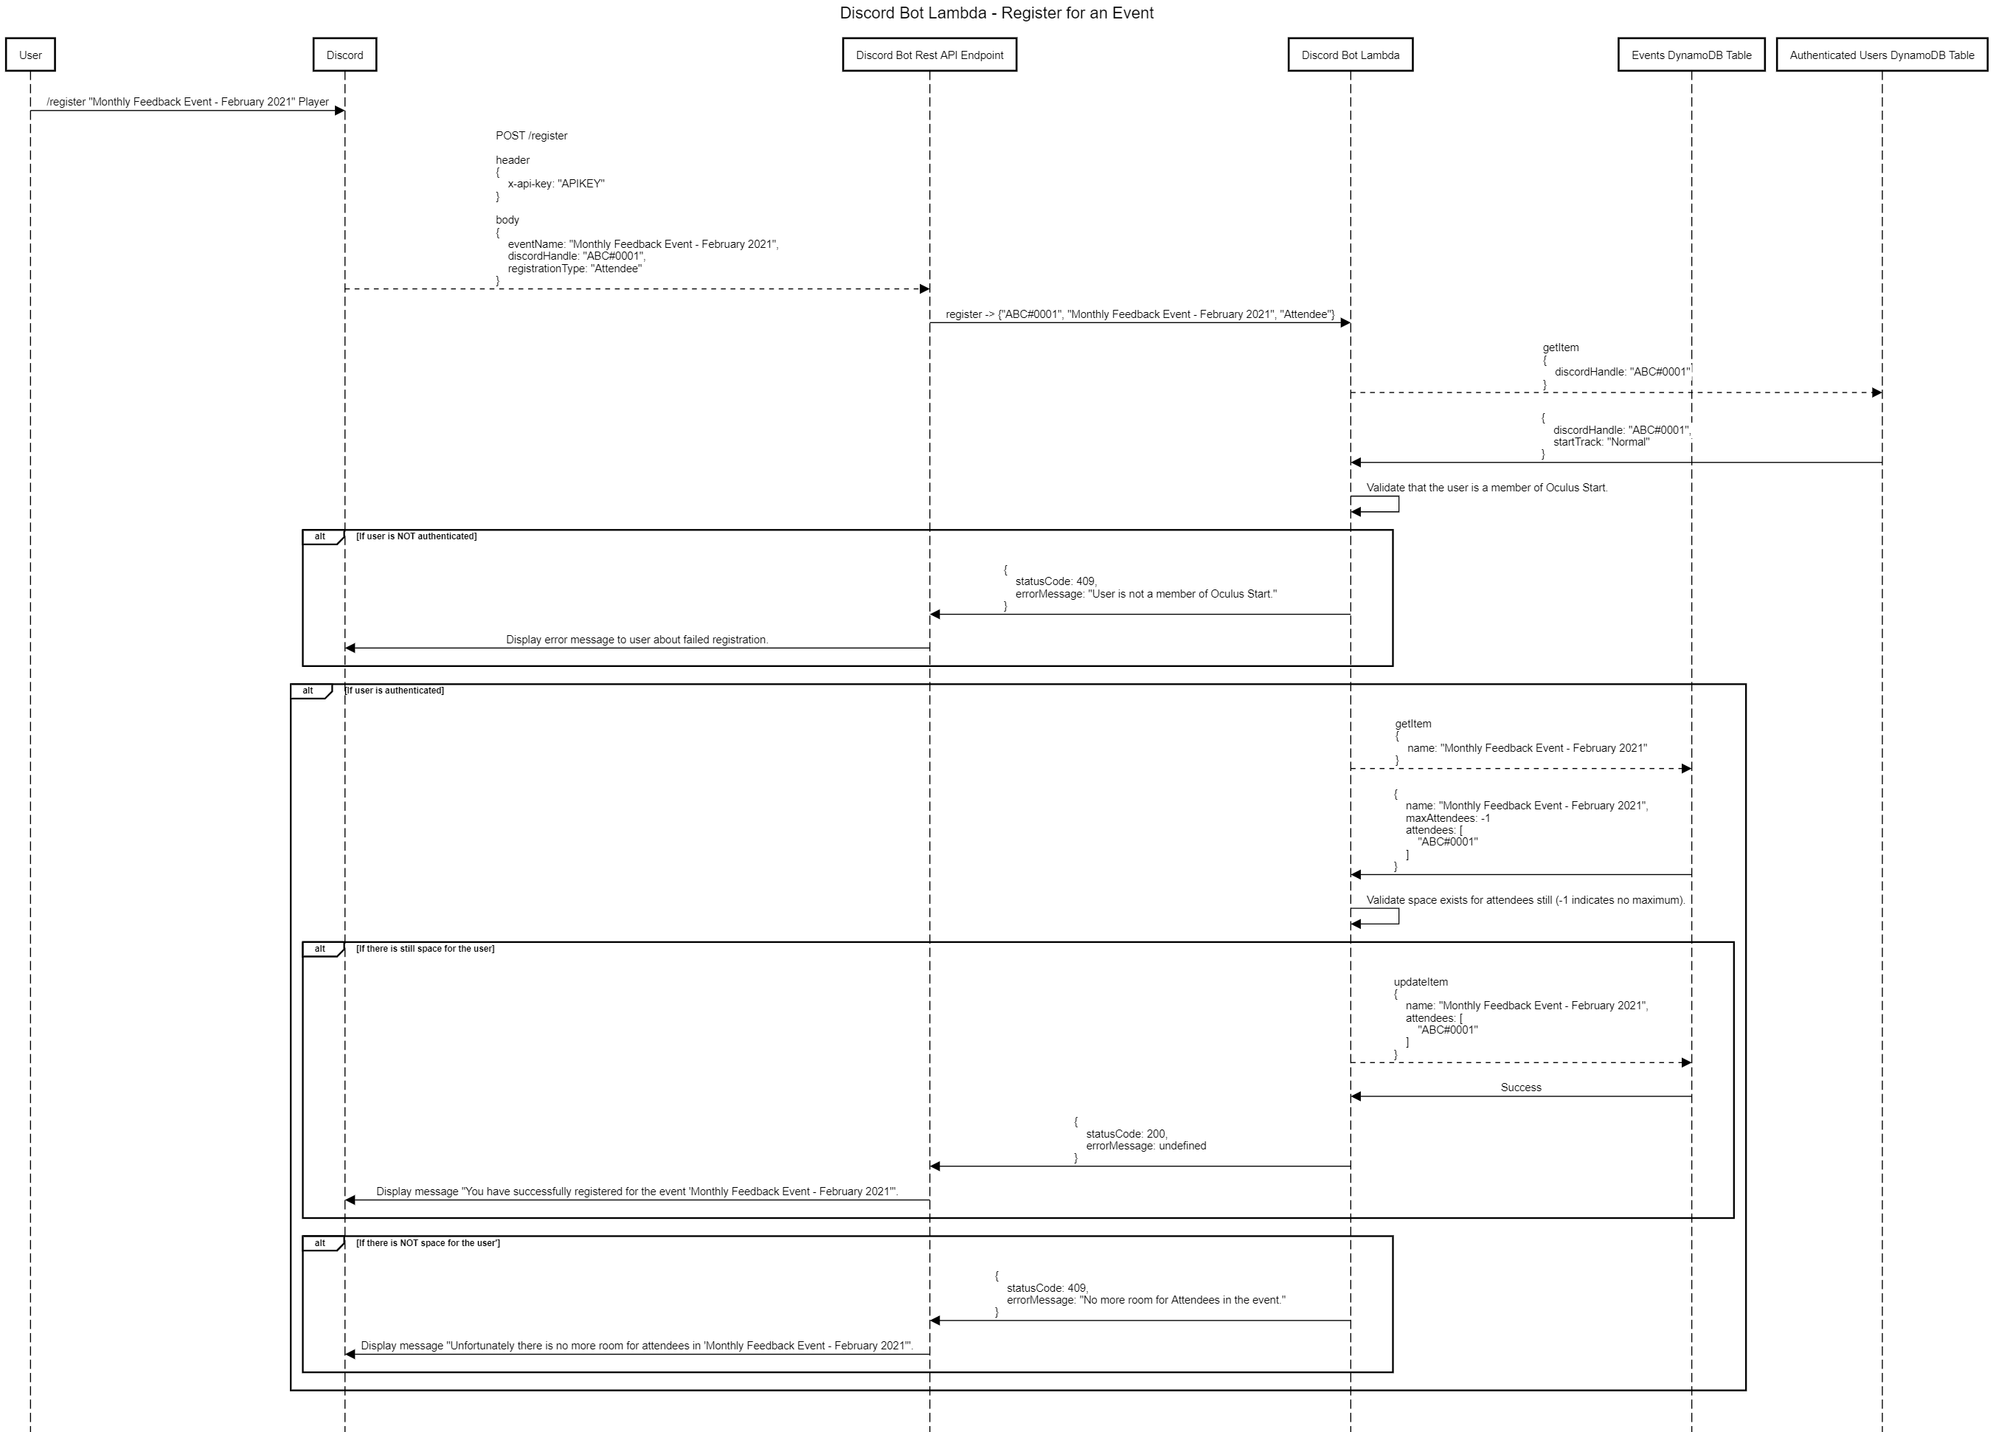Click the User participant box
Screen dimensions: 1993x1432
[x=30, y=55]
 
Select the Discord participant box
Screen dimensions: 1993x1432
[x=344, y=55]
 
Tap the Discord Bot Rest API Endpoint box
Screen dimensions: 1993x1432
[x=929, y=55]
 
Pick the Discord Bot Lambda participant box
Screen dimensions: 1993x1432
[x=1350, y=55]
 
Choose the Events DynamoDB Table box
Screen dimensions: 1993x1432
[x=1691, y=55]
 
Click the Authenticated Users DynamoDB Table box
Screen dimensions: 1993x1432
[x=1882, y=55]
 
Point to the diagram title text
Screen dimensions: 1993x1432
[x=996, y=13]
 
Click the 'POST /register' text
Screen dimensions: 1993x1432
[x=532, y=135]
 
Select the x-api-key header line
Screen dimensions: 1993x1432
[x=555, y=184]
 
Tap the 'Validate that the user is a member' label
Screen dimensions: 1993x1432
[x=1486, y=488]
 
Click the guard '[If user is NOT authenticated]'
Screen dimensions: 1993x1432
[x=417, y=536]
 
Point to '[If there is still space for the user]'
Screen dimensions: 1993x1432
[x=426, y=949]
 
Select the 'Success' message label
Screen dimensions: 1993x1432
[x=1520, y=1087]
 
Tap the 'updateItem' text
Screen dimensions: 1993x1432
[x=1420, y=982]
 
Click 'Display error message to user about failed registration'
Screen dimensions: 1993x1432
[x=637, y=639]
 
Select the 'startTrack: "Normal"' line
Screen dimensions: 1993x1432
[x=1601, y=442]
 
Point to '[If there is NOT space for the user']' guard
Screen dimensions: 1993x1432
[x=428, y=1243]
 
